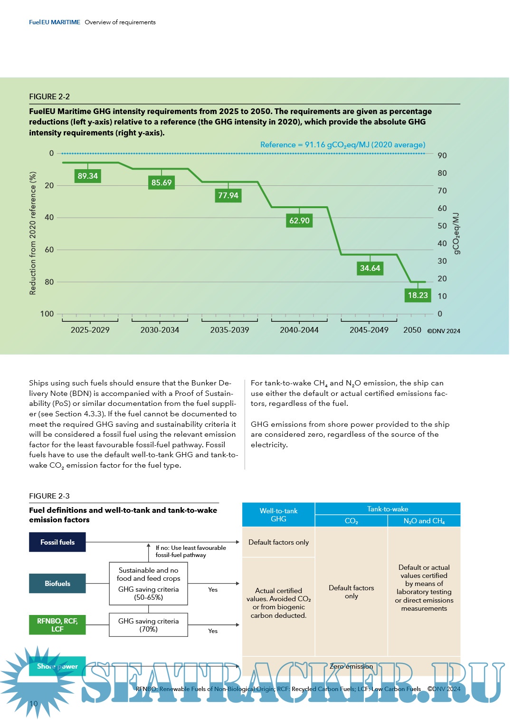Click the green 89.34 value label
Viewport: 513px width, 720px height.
tap(88, 176)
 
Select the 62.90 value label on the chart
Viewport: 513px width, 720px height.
tap(299, 221)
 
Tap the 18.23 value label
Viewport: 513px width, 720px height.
tap(418, 295)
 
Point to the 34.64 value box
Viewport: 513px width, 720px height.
tap(370, 268)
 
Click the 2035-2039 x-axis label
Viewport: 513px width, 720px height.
tap(229, 330)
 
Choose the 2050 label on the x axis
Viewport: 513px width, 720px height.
tap(412, 330)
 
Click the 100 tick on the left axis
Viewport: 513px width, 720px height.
tap(47, 314)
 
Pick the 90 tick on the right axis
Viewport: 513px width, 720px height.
tap(442, 155)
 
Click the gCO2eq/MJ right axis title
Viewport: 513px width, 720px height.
tap(456, 233)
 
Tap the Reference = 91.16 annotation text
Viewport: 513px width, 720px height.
tap(342, 144)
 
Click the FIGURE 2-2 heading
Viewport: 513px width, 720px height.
tap(49, 96)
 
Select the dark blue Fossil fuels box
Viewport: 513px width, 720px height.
tap(57, 542)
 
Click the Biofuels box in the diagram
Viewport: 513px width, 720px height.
tap(57, 584)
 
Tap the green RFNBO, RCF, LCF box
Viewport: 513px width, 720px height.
tap(57, 625)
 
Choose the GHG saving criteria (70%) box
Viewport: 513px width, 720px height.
tap(149, 625)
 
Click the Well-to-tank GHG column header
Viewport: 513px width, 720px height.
tap(278, 515)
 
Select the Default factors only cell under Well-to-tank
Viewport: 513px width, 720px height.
tap(278, 542)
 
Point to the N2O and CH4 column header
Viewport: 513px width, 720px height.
tap(424, 521)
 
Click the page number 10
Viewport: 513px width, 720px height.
tap(33, 704)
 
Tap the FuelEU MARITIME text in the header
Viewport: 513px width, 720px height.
tap(55, 22)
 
